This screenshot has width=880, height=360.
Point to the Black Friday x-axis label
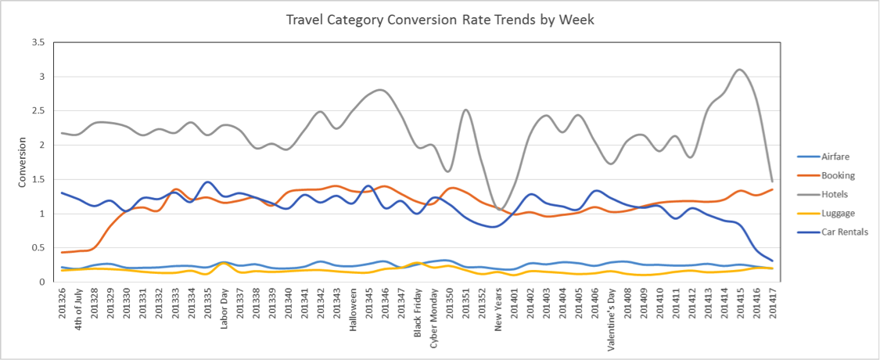[418, 312]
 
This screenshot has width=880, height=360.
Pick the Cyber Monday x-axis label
[434, 314]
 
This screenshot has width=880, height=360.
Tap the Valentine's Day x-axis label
[612, 315]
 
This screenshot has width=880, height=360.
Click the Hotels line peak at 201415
[740, 70]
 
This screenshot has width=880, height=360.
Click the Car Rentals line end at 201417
[772, 261]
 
